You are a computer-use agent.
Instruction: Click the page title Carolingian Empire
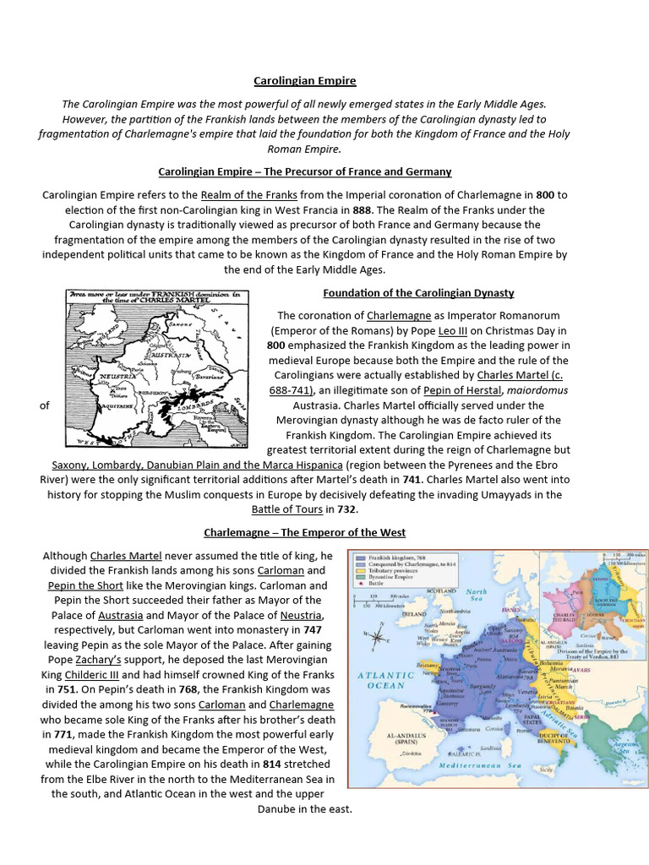pos(305,81)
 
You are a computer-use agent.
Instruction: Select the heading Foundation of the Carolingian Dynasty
pos(418,293)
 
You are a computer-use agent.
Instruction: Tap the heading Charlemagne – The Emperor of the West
pos(304,532)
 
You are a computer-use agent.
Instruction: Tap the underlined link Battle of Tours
pos(287,509)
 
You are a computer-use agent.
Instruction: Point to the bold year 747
pos(313,630)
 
